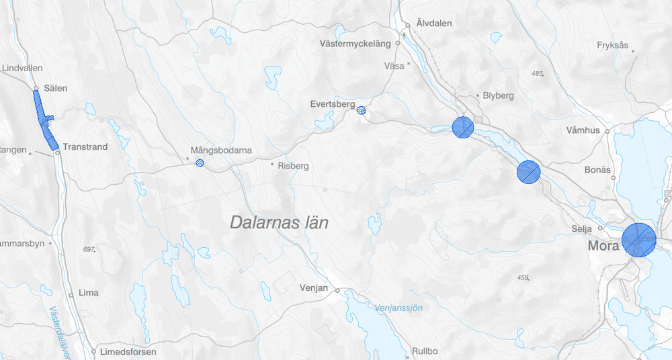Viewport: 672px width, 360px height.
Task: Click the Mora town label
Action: click(603, 246)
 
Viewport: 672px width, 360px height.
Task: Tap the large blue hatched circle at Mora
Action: click(638, 240)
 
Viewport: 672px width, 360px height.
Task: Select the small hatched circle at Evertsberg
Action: click(361, 110)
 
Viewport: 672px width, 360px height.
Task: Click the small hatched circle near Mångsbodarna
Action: click(199, 163)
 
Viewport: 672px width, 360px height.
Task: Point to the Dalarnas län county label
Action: click(279, 222)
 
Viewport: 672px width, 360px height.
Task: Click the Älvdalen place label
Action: click(434, 23)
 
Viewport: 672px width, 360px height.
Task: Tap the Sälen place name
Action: click(55, 88)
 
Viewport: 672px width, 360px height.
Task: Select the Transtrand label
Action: click(85, 147)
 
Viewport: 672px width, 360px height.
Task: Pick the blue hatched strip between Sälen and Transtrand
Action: click(45, 121)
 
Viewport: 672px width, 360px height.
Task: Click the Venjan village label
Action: click(314, 289)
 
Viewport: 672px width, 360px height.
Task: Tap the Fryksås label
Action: click(612, 46)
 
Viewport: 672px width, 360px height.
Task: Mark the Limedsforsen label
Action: click(128, 352)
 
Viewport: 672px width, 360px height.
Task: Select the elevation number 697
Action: click(87, 249)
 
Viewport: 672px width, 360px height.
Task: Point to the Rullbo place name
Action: click(425, 351)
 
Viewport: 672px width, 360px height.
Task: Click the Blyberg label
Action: click(498, 95)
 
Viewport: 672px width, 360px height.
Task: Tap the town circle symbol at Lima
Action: click(71, 294)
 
